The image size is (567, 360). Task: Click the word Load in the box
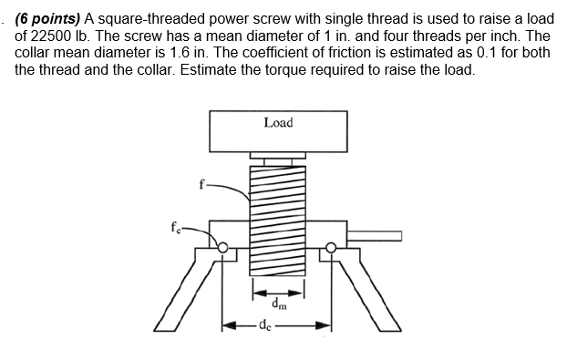(x=278, y=122)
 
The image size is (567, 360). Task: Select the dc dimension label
(x=264, y=324)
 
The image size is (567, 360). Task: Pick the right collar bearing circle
(x=332, y=244)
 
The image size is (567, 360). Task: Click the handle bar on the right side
(x=375, y=236)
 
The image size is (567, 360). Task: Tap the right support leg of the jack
(x=368, y=291)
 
